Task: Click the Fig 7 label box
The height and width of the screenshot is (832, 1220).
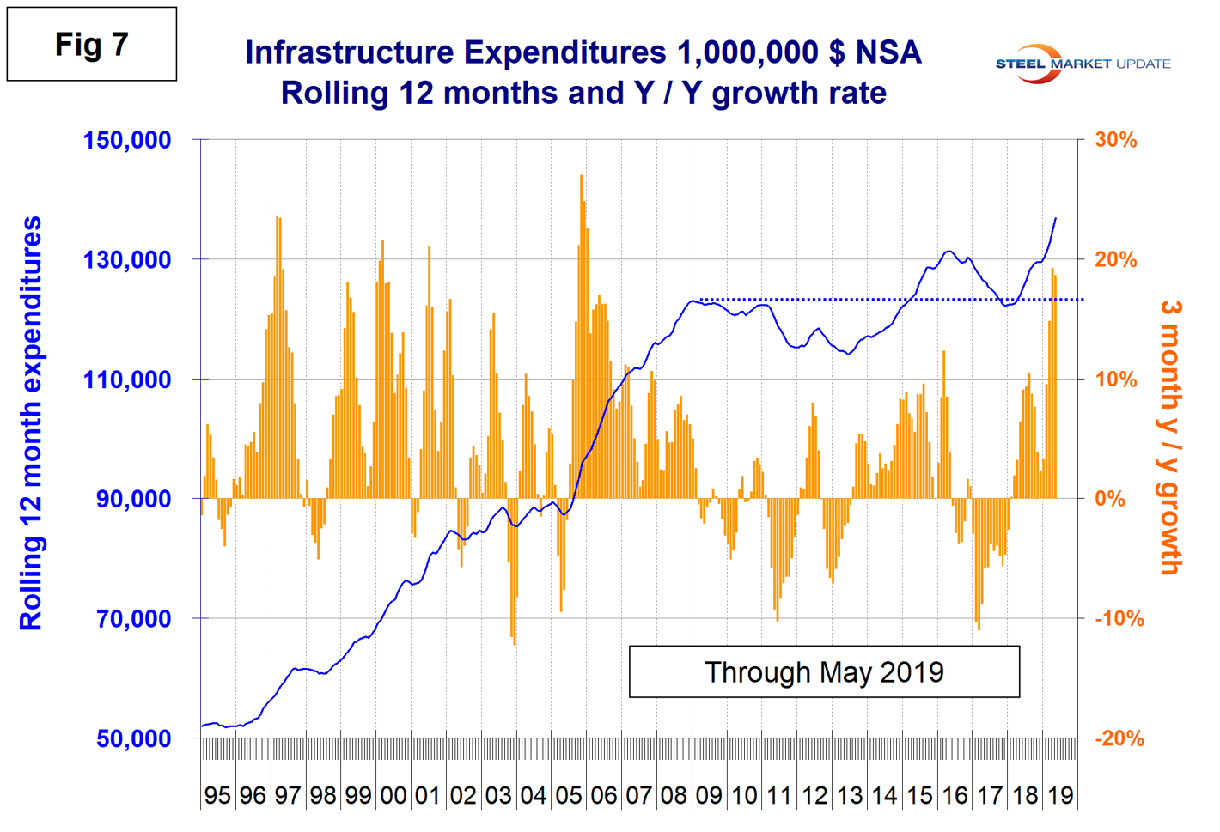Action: pyautogui.click(x=92, y=45)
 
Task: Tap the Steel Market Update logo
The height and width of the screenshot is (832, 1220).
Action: pyautogui.click(x=1082, y=64)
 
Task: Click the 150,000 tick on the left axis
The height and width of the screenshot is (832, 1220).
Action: pyautogui.click(x=127, y=140)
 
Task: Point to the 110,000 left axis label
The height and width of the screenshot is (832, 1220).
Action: pyautogui.click(x=127, y=379)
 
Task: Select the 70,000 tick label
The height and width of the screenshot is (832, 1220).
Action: pyautogui.click(x=134, y=618)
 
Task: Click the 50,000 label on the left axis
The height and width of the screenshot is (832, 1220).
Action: pyautogui.click(x=134, y=738)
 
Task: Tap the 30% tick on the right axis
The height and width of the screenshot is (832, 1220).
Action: pyautogui.click(x=1116, y=140)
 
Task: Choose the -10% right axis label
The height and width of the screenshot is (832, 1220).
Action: pyautogui.click(x=1119, y=618)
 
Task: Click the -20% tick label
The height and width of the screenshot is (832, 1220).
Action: pyautogui.click(x=1119, y=738)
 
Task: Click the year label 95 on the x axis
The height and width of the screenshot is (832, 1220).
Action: pyautogui.click(x=217, y=795)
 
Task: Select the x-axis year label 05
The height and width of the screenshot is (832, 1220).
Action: pyautogui.click(x=569, y=795)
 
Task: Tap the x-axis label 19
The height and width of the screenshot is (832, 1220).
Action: pyautogui.click(x=1060, y=795)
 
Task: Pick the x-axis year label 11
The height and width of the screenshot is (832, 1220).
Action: pyautogui.click(x=779, y=795)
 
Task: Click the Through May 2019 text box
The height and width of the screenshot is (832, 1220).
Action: pyautogui.click(x=824, y=671)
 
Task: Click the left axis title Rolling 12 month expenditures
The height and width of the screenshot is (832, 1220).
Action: pyautogui.click(x=31, y=423)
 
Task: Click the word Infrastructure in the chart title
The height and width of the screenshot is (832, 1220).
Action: pyautogui.click(x=349, y=53)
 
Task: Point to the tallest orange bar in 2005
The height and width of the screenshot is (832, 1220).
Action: pyautogui.click(x=581, y=177)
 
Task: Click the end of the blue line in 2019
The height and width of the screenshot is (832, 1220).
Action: pyautogui.click(x=1056, y=219)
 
